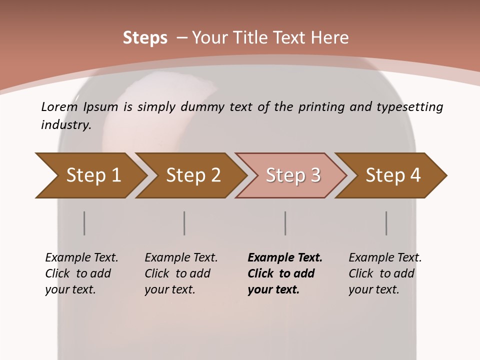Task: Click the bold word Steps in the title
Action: coord(145,38)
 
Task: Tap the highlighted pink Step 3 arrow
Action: coord(293,175)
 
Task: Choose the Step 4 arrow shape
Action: coord(393,175)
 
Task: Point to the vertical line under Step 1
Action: coord(84,223)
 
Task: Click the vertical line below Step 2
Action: coord(184,223)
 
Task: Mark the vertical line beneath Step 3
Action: coord(285,223)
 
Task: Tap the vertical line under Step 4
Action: coord(386,223)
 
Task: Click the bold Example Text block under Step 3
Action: coord(284,273)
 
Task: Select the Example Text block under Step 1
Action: coord(81,273)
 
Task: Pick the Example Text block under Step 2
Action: coord(181,273)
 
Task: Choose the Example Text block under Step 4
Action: coord(385,273)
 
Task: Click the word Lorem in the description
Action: coord(58,107)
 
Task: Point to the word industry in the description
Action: coord(66,125)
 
